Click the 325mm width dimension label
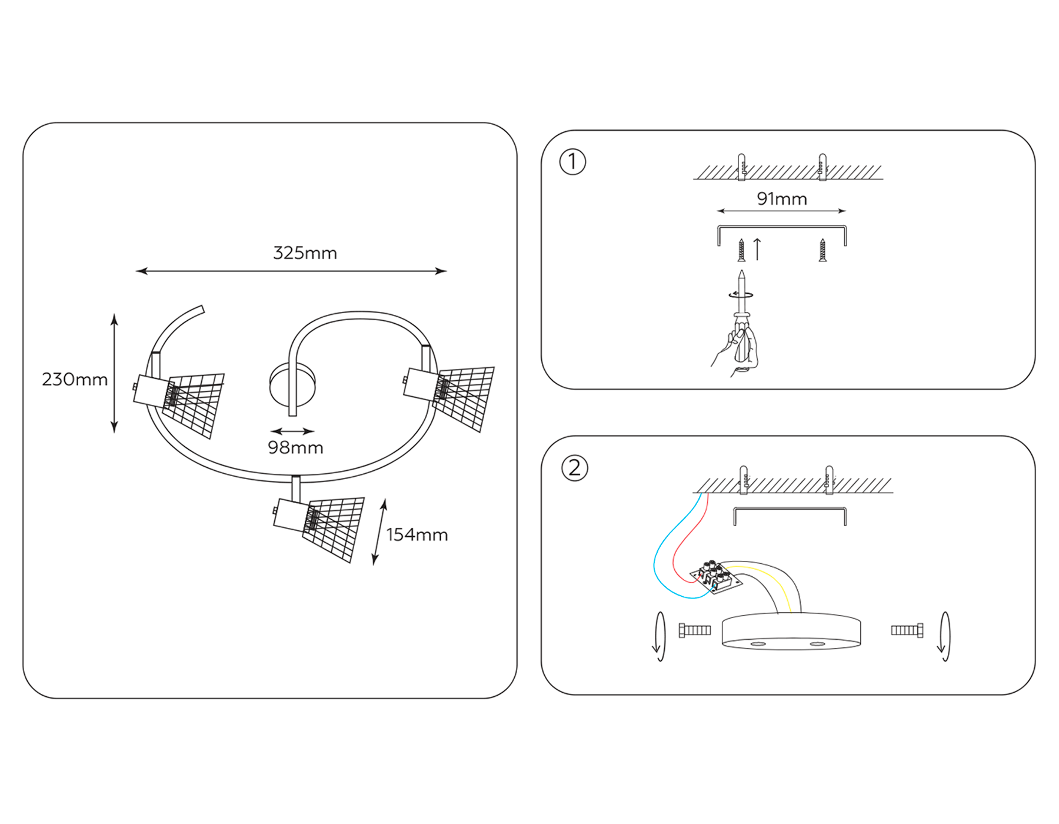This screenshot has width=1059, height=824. (x=305, y=253)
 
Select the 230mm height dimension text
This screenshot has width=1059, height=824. (x=75, y=379)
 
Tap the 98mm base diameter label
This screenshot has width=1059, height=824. (x=295, y=448)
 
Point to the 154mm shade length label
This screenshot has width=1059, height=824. (x=417, y=534)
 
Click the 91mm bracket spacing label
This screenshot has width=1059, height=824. (x=781, y=199)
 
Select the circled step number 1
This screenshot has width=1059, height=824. (x=572, y=162)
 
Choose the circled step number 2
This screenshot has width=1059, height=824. (x=575, y=468)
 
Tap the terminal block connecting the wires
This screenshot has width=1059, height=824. (x=714, y=577)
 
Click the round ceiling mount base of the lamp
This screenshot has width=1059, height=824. (x=292, y=386)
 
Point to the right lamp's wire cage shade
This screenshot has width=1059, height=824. (x=465, y=397)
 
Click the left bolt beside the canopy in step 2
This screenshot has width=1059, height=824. (x=695, y=630)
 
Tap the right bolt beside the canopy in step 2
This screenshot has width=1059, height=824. (x=907, y=630)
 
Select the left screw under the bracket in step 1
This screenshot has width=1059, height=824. (x=741, y=250)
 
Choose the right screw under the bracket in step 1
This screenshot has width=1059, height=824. (x=822, y=250)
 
